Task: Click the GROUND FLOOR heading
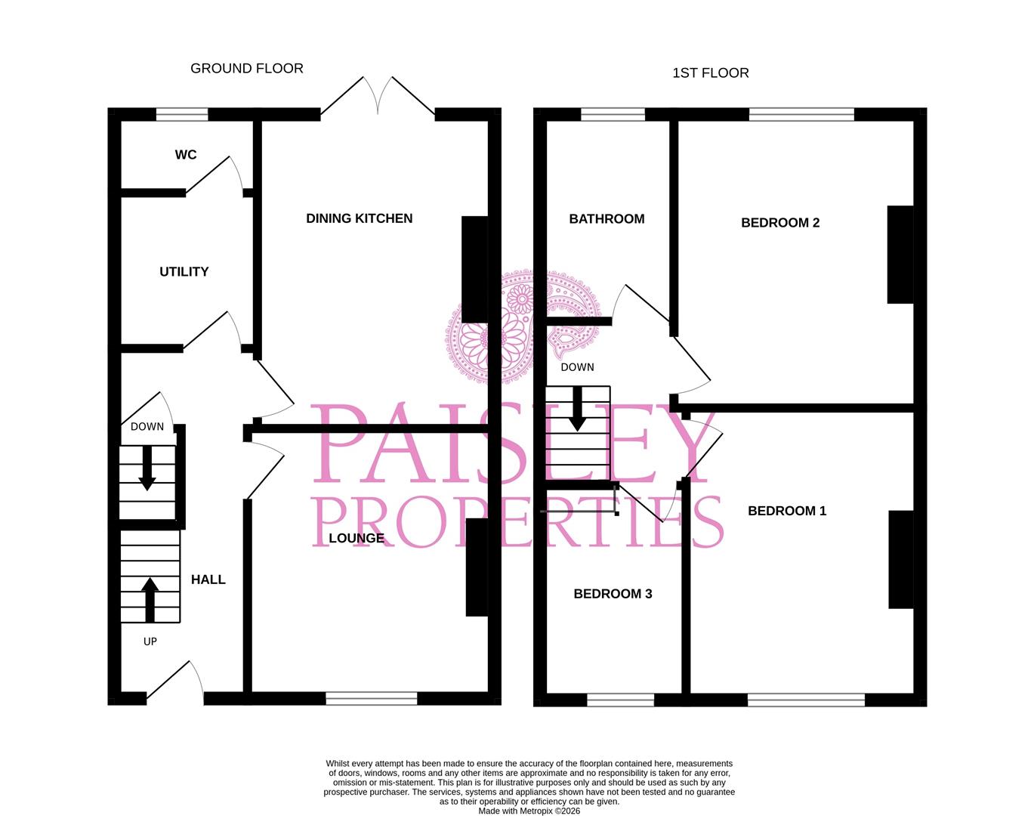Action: click(x=247, y=68)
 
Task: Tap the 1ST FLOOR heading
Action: click(x=711, y=73)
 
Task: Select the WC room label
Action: click(x=186, y=155)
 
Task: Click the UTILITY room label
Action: click(x=184, y=272)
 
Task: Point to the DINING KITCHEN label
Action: click(x=360, y=218)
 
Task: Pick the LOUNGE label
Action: click(x=356, y=538)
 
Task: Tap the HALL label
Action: click(x=208, y=580)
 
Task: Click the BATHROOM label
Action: click(x=607, y=219)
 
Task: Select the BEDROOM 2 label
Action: click(x=780, y=223)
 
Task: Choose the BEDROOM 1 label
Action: click(x=787, y=511)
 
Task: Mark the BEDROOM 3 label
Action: click(x=613, y=594)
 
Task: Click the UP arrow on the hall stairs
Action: click(x=150, y=600)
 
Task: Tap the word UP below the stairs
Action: click(x=150, y=641)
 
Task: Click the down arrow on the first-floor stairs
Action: click(x=578, y=410)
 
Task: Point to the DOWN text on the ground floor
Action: click(x=147, y=427)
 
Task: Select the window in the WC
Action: click(x=182, y=114)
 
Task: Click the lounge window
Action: click(x=372, y=699)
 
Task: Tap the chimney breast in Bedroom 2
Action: click(x=900, y=255)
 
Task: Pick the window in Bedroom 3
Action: click(x=621, y=700)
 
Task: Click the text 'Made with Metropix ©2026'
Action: click(x=529, y=811)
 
